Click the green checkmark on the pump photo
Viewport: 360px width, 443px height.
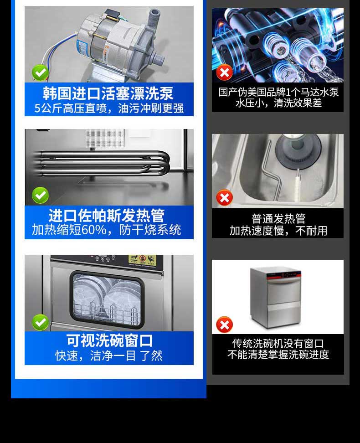coord(40,72)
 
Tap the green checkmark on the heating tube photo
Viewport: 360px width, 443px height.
coord(40,196)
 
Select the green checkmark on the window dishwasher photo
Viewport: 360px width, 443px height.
coord(40,322)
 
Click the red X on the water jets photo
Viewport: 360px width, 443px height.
coord(224,72)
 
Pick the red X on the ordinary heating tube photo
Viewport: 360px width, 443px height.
coord(224,198)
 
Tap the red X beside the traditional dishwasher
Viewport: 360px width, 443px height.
coord(224,325)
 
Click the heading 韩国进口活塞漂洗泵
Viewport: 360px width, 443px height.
coord(108,93)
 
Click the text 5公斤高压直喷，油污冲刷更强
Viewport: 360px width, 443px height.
coord(109,108)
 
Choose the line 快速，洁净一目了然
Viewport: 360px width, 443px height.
coord(109,355)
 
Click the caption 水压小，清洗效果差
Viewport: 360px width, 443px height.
coord(278,103)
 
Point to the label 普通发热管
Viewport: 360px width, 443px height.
coord(278,219)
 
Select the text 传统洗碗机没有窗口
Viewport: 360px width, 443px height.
coord(278,343)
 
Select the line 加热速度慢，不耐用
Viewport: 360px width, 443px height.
coord(278,231)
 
